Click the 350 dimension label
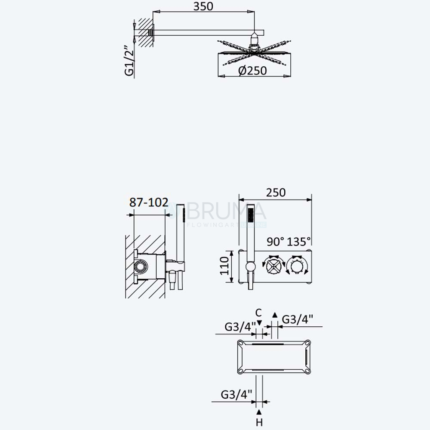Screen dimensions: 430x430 pos(203,6)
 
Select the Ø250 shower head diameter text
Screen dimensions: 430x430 pos(252,71)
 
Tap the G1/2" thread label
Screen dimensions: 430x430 pos(129,60)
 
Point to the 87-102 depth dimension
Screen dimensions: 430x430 pos(149,203)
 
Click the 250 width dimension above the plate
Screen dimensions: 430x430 pos(276,193)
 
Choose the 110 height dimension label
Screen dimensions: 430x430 pos(224,266)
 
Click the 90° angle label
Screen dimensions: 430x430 pos(276,242)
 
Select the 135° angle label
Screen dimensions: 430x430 pos(299,242)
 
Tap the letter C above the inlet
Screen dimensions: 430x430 pos(258,313)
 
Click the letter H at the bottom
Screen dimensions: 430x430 pos(259,422)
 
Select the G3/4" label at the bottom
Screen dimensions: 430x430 pos(236,394)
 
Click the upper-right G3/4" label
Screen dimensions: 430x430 pos(298,319)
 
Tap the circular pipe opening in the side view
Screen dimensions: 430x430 pos(141,266)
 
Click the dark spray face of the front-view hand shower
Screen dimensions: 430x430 pos(250,215)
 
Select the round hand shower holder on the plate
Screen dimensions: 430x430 pos(250,267)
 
